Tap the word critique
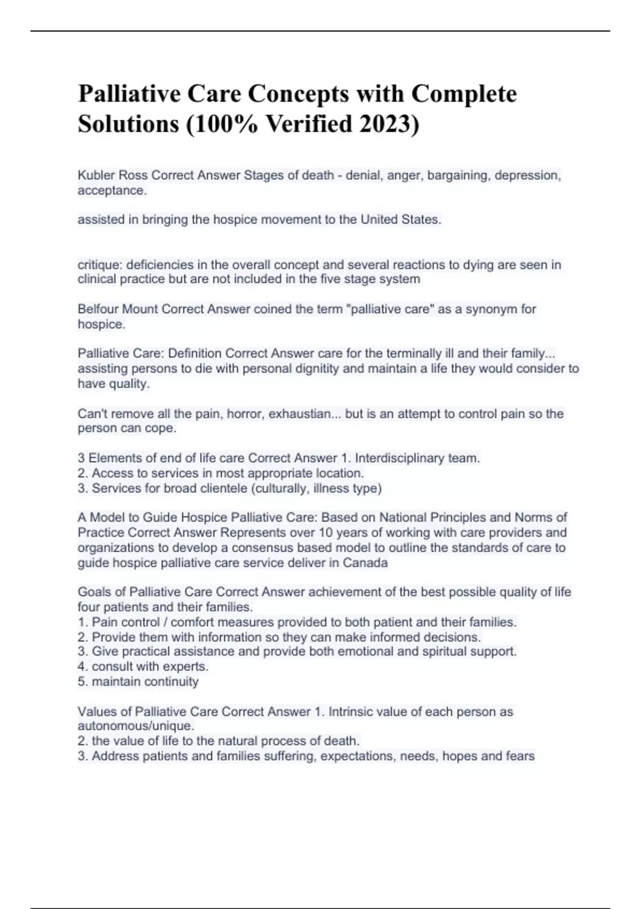(x=99, y=265)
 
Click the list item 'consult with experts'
(x=150, y=666)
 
